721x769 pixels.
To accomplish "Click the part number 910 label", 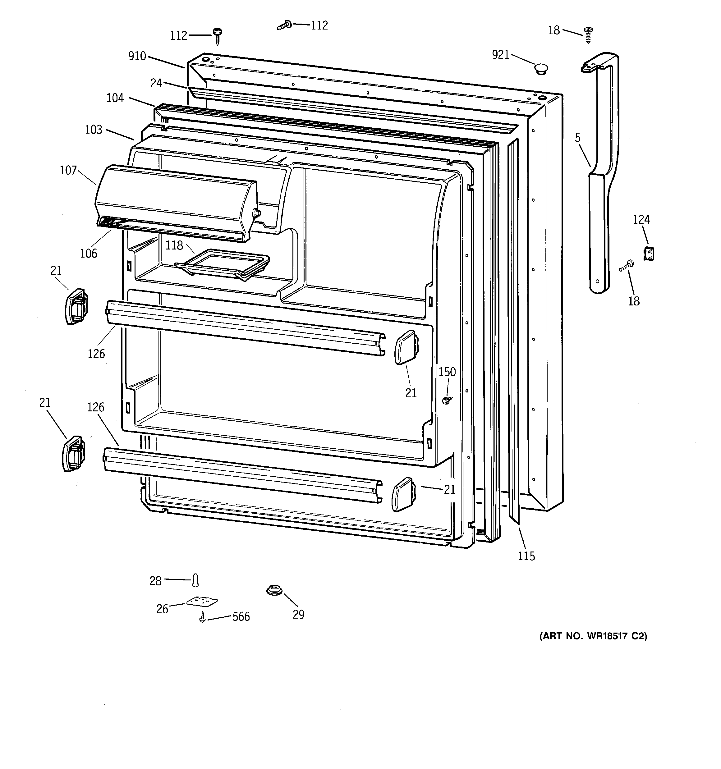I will (x=137, y=57).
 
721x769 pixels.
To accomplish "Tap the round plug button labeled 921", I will (x=541, y=69).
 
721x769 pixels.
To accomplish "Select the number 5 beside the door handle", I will (x=577, y=138).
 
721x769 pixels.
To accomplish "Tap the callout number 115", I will (x=526, y=556).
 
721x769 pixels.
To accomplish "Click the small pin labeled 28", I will (x=195, y=580).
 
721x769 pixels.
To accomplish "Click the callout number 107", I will (x=68, y=170).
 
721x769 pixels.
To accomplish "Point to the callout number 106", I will (x=89, y=253).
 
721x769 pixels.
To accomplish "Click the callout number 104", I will (x=115, y=98).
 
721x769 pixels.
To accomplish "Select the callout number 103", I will (x=93, y=130).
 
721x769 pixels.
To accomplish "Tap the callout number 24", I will (x=156, y=83).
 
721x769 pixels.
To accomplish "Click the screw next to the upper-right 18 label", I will (x=588, y=35).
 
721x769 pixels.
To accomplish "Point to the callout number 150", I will (x=447, y=372).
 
